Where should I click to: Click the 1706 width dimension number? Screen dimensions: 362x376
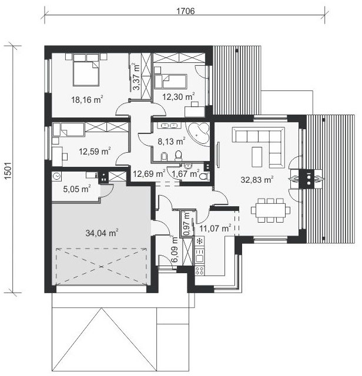[186, 11]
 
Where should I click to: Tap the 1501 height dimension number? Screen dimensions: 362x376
[8, 170]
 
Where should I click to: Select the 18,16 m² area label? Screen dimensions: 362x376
[87, 99]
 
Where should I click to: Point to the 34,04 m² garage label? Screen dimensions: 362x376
[102, 233]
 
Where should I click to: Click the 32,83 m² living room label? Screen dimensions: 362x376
[257, 179]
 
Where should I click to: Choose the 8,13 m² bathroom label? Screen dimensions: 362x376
[171, 141]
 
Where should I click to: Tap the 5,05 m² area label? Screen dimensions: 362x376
[77, 189]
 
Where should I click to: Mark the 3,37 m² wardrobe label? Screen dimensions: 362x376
[136, 76]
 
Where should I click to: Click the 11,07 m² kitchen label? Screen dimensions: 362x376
[215, 228]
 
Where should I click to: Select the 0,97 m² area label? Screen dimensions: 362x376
[186, 223]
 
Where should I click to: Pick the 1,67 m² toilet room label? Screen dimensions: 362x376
[186, 173]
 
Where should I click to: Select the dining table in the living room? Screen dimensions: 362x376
[270, 210]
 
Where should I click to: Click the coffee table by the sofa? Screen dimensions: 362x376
[257, 157]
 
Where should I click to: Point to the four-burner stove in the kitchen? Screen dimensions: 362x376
[199, 270]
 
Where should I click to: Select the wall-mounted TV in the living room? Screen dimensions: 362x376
[218, 155]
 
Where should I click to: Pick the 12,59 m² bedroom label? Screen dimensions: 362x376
[95, 152]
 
